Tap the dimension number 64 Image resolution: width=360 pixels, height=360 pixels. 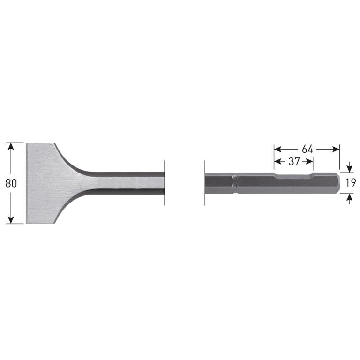pos(307,149)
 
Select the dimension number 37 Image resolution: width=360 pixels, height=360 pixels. pos(294,161)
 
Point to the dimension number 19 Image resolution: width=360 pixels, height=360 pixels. pos(351,183)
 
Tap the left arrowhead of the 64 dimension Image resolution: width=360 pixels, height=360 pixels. pos(277,149)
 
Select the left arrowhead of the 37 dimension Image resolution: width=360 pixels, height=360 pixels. pos(277,161)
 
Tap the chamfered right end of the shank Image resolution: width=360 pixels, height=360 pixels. pos(336,183)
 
